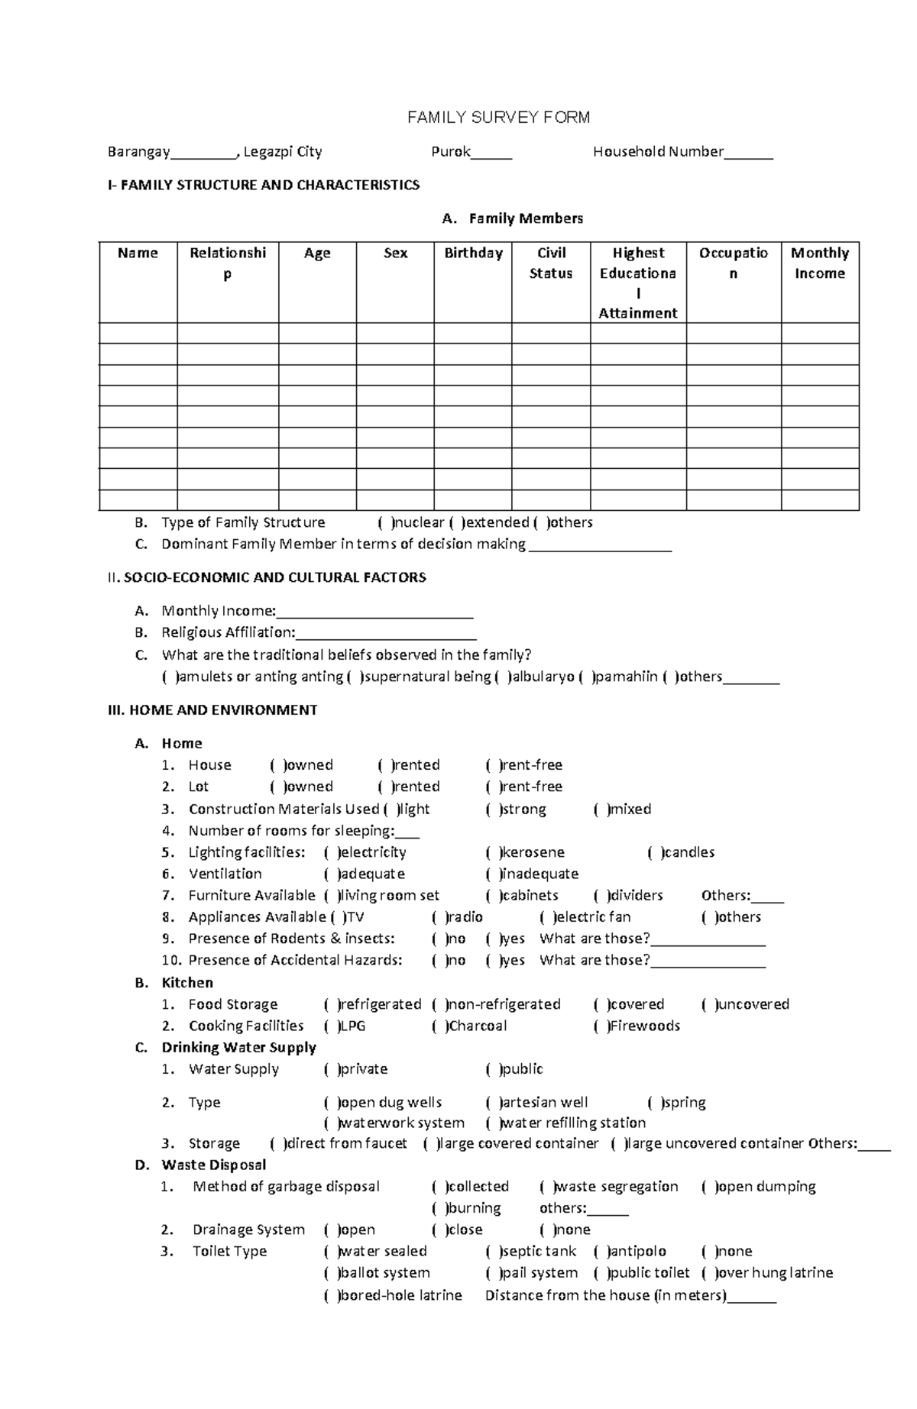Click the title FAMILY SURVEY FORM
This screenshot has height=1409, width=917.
point(498,118)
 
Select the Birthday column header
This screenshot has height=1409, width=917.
point(473,253)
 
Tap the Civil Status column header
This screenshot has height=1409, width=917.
point(550,263)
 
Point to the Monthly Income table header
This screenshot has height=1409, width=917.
point(819,263)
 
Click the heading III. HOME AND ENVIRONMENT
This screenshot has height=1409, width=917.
point(212,710)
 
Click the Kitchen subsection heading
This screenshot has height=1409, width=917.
point(186,983)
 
